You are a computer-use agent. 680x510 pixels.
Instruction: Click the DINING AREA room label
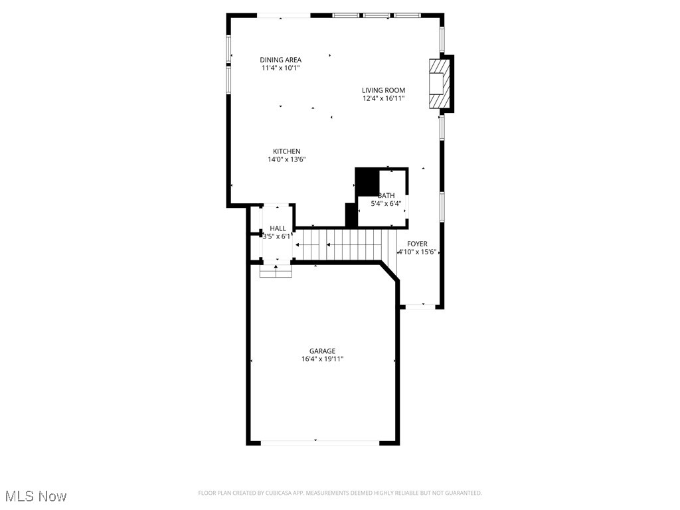[x=280, y=60]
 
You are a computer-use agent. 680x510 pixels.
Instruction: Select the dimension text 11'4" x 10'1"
[x=280, y=68]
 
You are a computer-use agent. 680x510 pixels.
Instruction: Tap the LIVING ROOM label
[x=383, y=90]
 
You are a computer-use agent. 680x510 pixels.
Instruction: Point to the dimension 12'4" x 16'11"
[x=383, y=98]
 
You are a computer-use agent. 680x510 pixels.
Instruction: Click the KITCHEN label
[x=286, y=151]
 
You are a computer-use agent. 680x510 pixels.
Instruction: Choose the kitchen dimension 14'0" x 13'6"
[x=286, y=159]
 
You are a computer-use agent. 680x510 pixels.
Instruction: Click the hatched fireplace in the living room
[x=439, y=83]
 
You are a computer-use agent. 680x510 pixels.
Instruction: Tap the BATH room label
[x=386, y=195]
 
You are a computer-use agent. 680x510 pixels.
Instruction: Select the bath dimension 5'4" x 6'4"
[x=386, y=203]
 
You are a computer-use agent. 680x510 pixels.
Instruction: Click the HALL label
[x=278, y=228]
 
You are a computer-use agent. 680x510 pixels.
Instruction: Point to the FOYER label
[x=417, y=244]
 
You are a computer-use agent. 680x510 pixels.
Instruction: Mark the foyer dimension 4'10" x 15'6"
[x=417, y=252]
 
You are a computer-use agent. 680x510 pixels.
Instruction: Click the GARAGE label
[x=322, y=351]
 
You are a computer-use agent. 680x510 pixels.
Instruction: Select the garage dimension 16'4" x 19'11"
[x=322, y=359]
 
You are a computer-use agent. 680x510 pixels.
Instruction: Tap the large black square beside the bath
[x=367, y=181]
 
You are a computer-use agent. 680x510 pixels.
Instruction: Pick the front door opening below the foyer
[x=420, y=306]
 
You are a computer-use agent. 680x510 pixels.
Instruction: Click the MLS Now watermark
[x=36, y=496]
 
